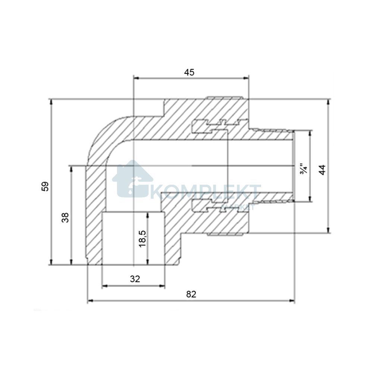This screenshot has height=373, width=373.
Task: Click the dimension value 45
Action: pyautogui.click(x=189, y=72)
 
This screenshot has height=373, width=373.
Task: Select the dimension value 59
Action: pyautogui.click(x=45, y=186)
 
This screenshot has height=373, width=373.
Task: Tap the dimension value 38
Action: pyautogui.click(x=65, y=217)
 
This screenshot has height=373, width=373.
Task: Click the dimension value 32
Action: pyautogui.click(x=135, y=279)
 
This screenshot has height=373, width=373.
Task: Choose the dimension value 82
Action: pyautogui.click(x=191, y=294)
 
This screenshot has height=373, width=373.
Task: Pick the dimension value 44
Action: pyautogui.click(x=322, y=170)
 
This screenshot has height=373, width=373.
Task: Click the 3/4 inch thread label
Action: pyautogui.click(x=303, y=169)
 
